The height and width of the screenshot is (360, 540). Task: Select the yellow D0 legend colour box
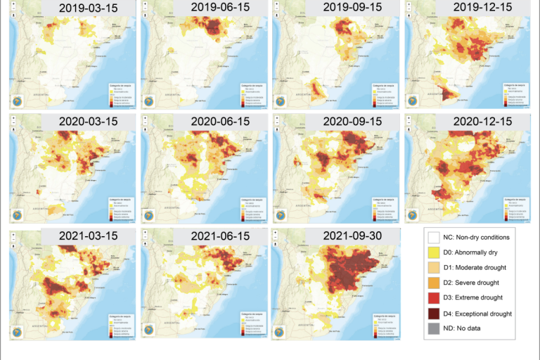[x=435, y=252]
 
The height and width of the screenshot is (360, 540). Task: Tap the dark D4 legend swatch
[x=435, y=313]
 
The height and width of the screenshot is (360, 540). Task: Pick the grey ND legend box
[x=435, y=328]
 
